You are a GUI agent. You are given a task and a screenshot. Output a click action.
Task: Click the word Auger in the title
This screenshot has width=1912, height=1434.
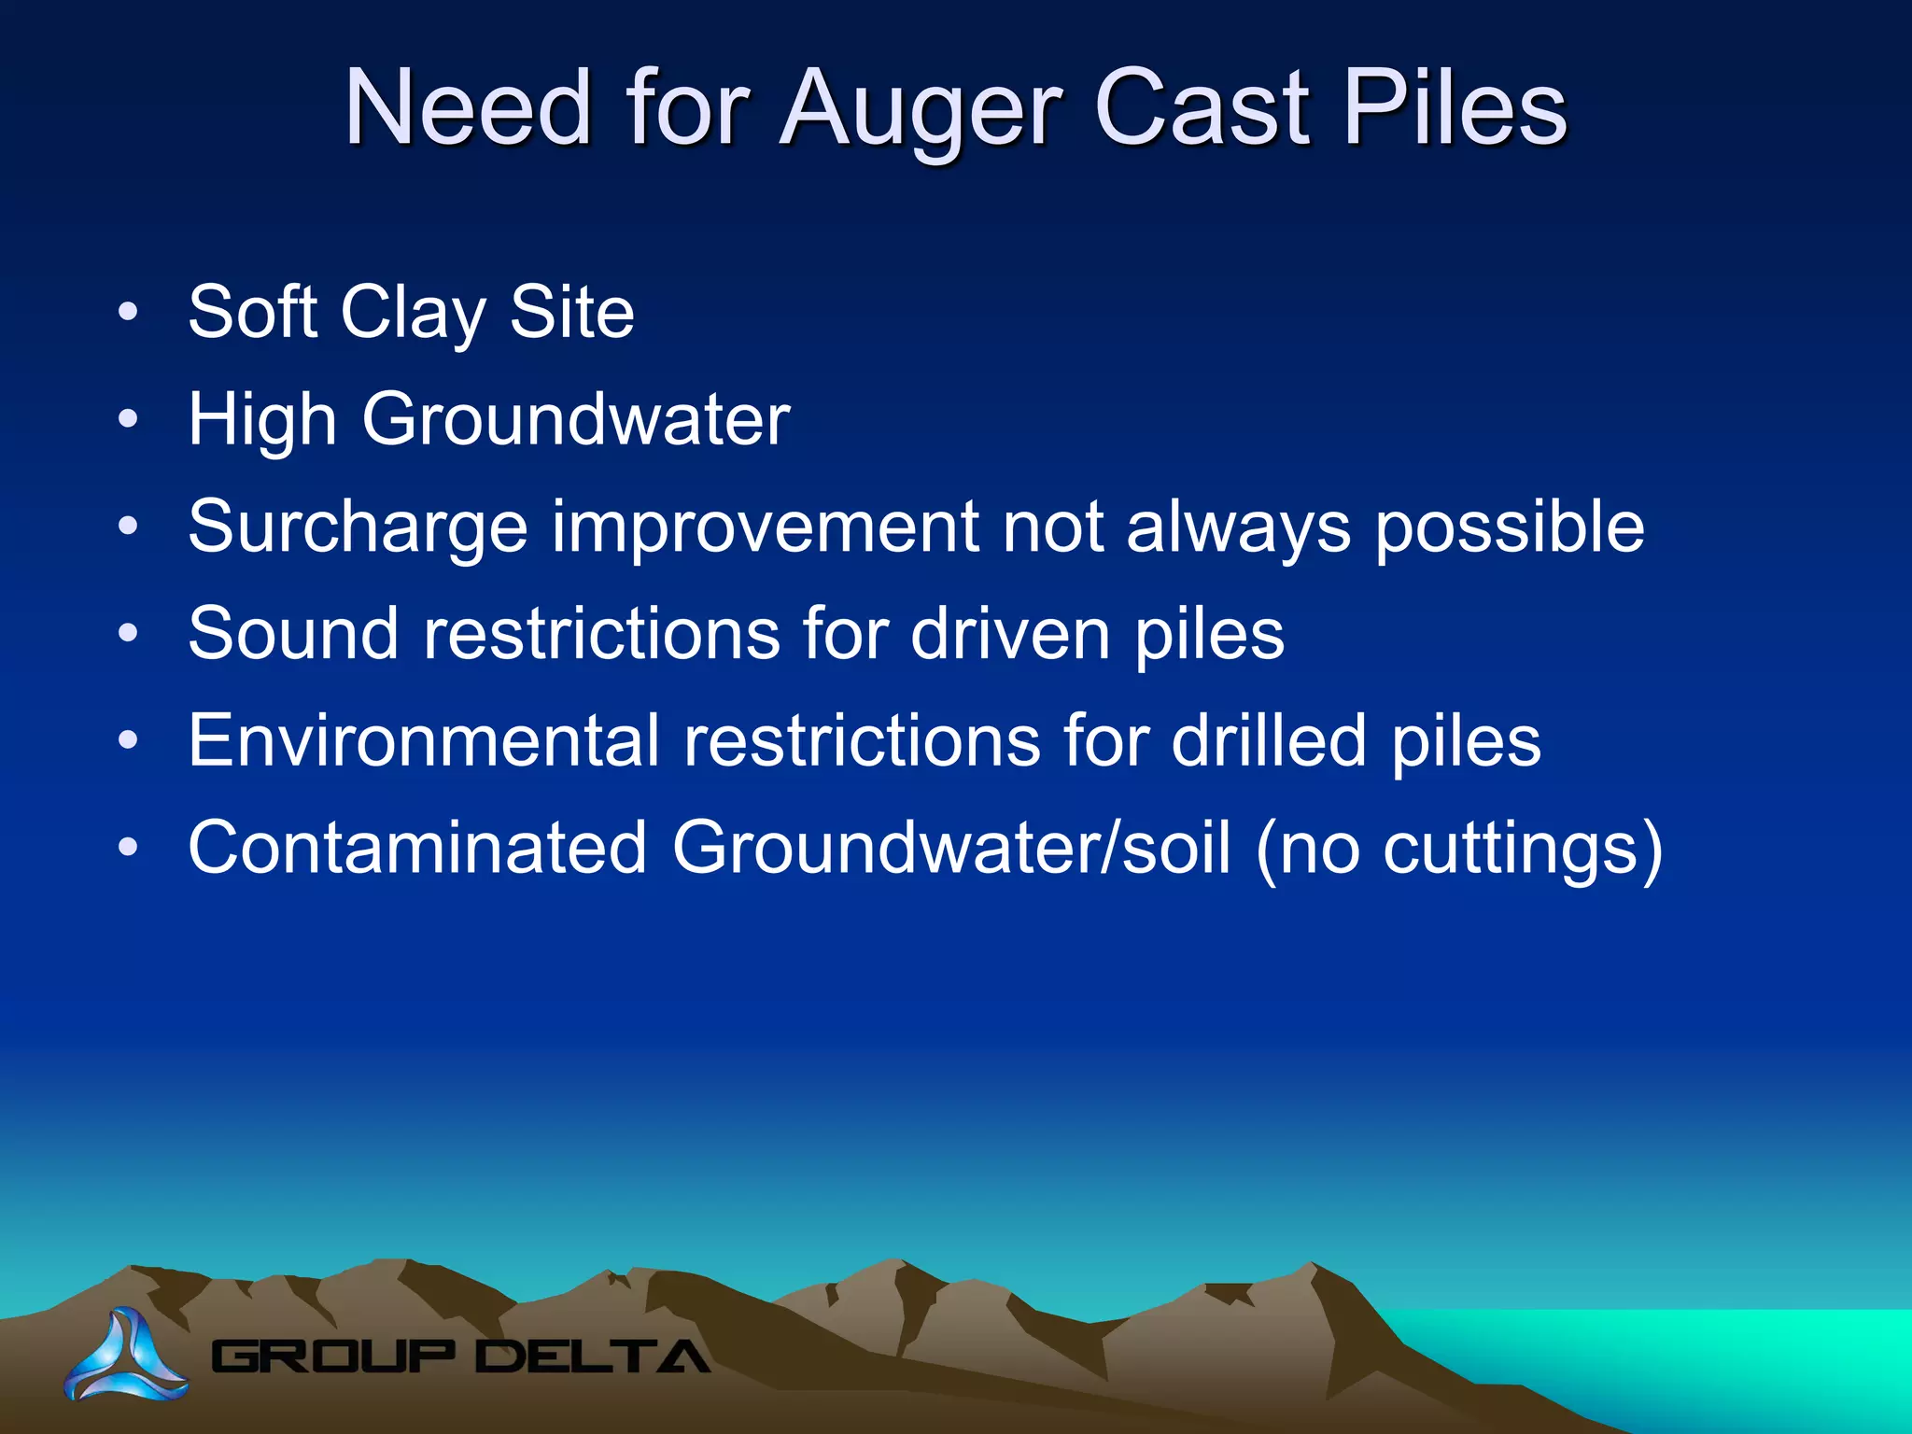(921, 110)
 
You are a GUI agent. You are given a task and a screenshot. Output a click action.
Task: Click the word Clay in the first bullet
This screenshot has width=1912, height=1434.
(413, 314)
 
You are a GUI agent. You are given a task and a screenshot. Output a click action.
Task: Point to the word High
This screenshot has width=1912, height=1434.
(262, 421)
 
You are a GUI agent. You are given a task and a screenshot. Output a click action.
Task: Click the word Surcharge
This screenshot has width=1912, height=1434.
(358, 528)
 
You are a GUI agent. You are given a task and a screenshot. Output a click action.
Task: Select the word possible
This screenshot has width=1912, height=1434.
(1509, 528)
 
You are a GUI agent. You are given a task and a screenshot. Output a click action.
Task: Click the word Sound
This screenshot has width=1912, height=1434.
(293, 634)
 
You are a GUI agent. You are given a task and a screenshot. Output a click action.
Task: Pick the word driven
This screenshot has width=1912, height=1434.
(1010, 634)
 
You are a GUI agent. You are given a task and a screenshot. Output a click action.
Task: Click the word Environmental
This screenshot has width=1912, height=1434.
(424, 741)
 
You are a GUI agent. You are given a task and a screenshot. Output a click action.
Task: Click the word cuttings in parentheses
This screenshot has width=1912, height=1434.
(1511, 850)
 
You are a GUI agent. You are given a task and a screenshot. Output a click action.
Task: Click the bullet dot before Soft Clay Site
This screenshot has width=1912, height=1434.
(128, 312)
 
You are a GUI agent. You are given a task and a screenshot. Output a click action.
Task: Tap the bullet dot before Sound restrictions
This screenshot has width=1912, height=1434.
(128, 634)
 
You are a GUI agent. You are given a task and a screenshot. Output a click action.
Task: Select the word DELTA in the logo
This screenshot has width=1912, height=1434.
(592, 1357)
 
